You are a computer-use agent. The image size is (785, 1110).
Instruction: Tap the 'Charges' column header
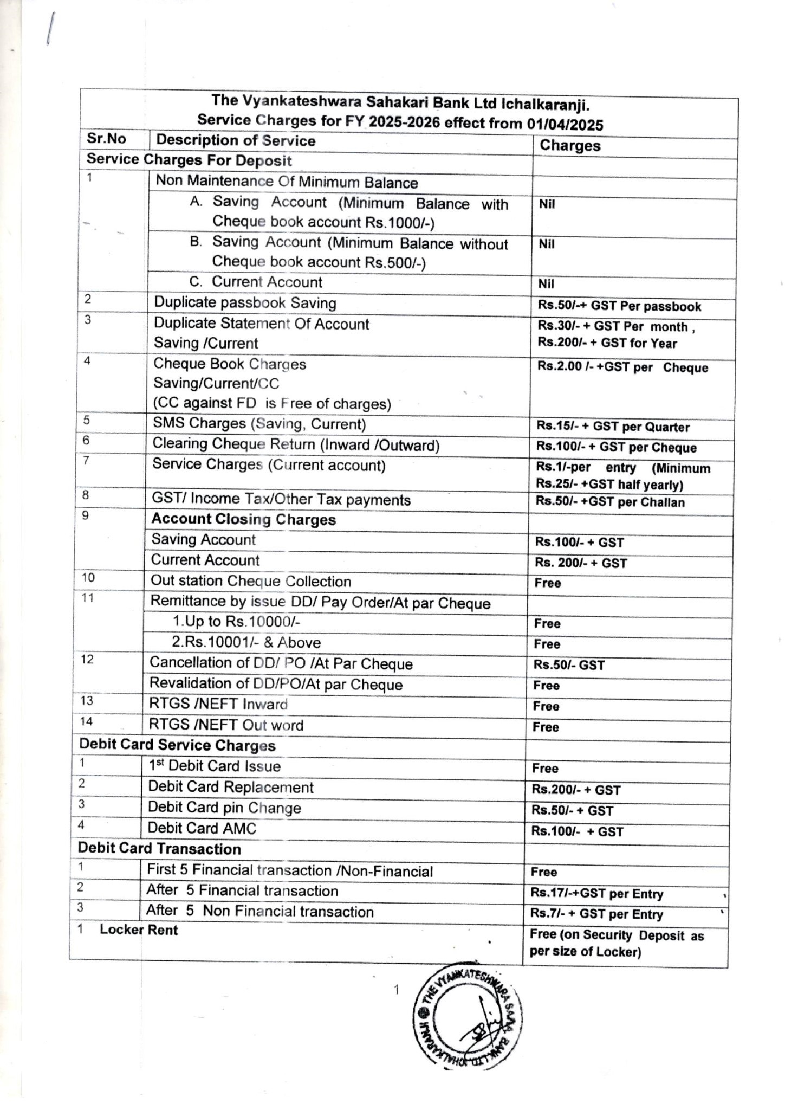569,145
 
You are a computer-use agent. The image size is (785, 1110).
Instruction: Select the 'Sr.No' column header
106,139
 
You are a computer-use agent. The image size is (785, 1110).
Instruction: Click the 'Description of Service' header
236,140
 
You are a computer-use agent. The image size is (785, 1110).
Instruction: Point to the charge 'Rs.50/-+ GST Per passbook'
619,306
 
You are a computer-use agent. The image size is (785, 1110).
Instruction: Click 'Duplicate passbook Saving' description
245,302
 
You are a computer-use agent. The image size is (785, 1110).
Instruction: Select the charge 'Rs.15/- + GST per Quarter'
613,427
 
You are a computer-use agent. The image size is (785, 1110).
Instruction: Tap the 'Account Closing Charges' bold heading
243,519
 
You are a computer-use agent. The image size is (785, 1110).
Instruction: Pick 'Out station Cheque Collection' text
250,581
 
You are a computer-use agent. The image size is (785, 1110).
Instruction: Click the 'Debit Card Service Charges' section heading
177,745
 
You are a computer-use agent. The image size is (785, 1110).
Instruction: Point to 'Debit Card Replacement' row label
231,787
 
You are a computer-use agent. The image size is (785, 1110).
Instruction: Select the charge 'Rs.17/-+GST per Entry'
596,894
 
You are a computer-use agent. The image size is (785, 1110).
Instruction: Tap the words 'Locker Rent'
139,930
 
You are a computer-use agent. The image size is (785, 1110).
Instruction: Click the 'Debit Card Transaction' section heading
159,849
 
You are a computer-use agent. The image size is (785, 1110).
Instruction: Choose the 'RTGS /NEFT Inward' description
218,704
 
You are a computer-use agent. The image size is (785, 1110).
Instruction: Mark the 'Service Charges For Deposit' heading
189,160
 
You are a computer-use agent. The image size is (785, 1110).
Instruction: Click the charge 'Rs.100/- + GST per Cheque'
616,447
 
